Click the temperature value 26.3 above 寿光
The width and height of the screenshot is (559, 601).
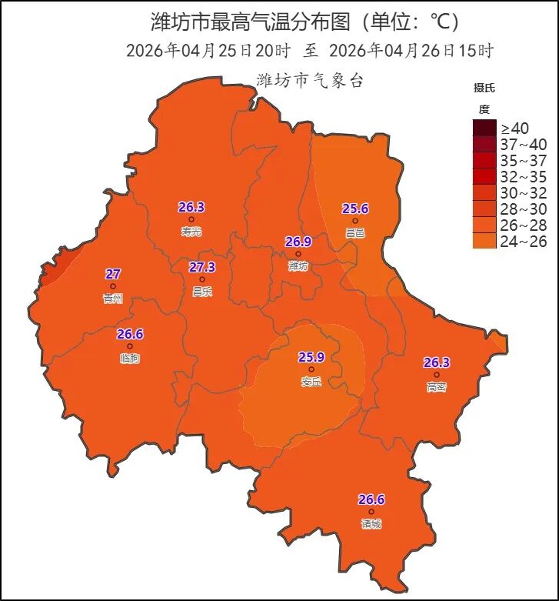click(191, 207)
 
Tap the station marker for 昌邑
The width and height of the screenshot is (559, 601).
click(355, 221)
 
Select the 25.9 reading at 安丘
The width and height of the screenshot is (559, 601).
click(311, 357)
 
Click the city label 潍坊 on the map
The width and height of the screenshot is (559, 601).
click(298, 265)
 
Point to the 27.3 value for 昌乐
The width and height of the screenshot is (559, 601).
click(202, 267)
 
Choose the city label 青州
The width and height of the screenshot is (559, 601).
click(112, 299)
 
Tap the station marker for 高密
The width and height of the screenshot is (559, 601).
click(437, 375)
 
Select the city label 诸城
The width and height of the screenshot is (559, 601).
click(371, 524)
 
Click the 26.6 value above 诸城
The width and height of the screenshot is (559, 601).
click(371, 499)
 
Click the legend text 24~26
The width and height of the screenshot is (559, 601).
click(524, 241)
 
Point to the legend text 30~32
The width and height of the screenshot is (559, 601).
click(524, 192)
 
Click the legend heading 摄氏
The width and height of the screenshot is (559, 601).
click(484, 86)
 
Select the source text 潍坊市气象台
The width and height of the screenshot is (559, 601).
click(309, 80)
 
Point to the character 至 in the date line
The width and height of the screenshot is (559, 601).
click(311, 52)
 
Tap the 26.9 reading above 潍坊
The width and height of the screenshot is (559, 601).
click(298, 242)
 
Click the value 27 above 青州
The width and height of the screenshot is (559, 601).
click(113, 274)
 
